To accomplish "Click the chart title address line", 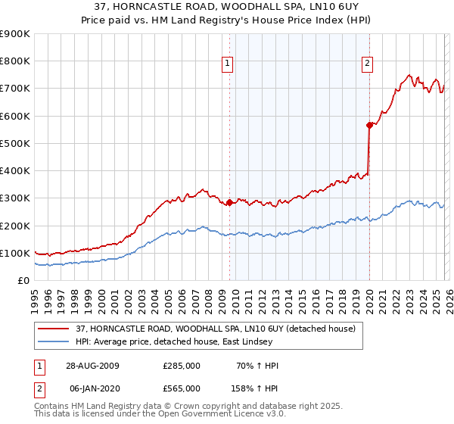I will click(226, 7).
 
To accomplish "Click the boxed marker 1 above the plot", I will click(229, 64).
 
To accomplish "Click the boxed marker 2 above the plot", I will click(367, 64).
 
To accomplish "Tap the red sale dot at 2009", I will click(229, 202).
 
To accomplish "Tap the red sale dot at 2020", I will click(369, 126).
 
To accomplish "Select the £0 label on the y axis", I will click(23, 280).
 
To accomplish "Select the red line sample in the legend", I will click(54, 328).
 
